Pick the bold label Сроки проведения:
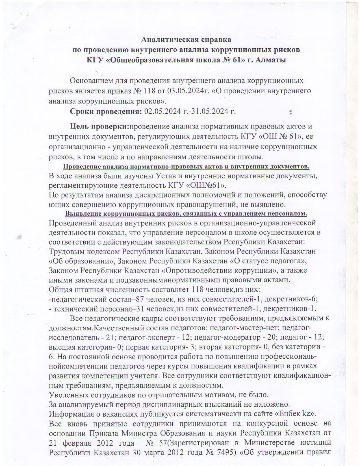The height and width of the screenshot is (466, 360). point(106,111)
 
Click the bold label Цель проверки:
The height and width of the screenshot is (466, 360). point(99,126)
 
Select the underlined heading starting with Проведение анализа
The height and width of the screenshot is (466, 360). point(186,166)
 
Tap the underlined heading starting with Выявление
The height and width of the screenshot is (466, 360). point(186,213)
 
